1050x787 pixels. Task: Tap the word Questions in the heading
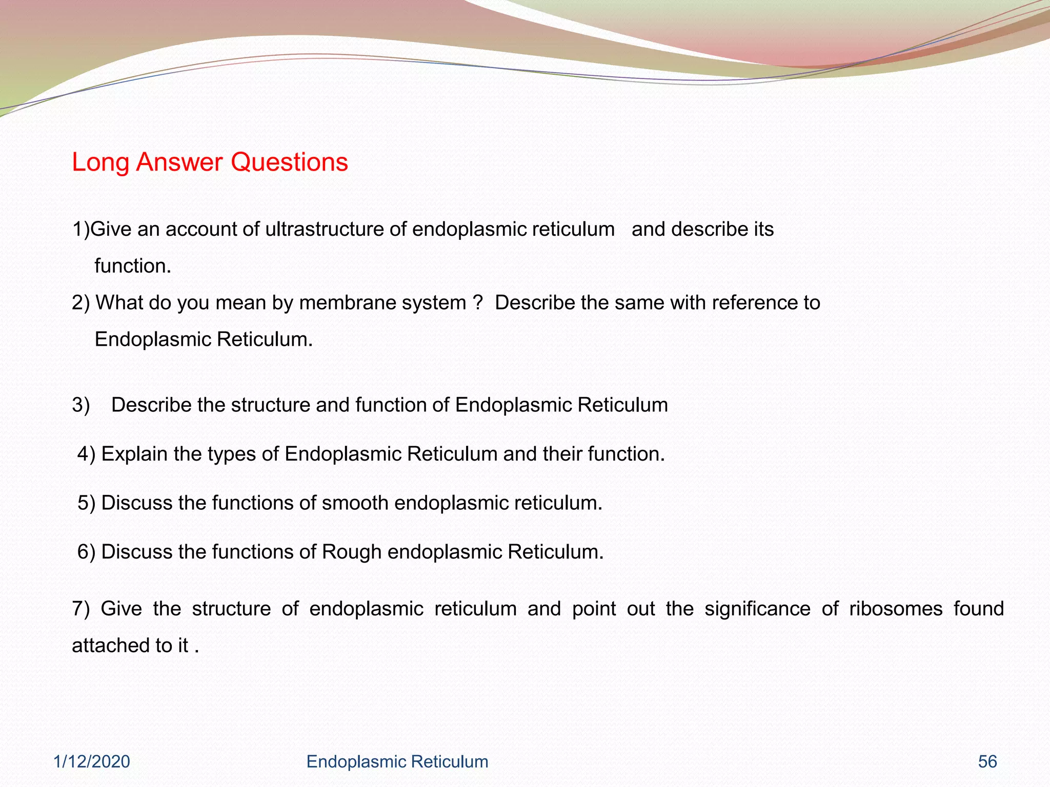[289, 162]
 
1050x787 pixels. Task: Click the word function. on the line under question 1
[133, 266]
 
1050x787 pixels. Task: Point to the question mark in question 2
[478, 303]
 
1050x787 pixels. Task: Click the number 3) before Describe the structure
[81, 405]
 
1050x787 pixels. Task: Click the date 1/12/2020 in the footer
[92, 762]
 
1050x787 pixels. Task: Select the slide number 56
[987, 762]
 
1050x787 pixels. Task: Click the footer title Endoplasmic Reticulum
[397, 762]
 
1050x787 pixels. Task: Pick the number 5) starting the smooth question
[86, 503]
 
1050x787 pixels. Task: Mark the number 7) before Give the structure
[80, 609]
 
